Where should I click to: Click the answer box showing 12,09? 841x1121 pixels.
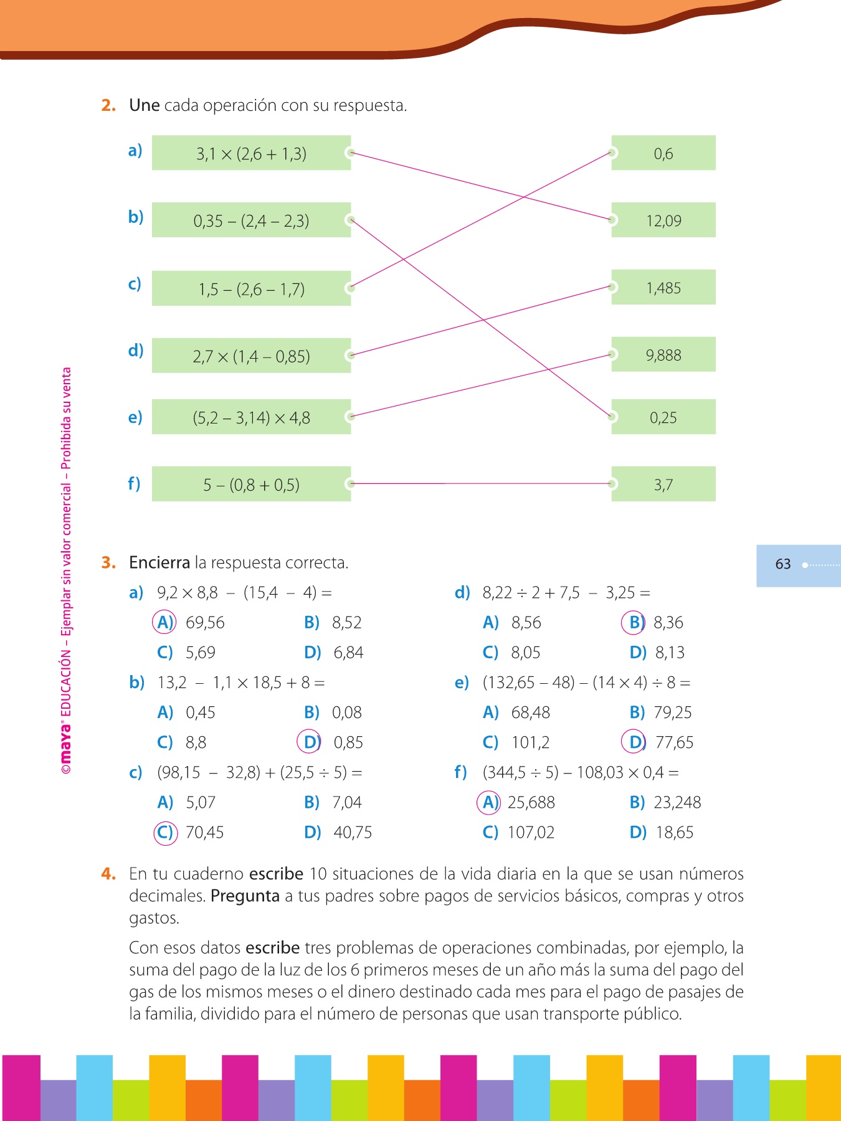(x=663, y=220)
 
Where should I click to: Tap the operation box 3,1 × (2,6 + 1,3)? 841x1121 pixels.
(x=251, y=153)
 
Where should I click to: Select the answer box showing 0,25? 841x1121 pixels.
(x=663, y=417)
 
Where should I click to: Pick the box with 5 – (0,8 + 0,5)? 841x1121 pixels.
(x=251, y=485)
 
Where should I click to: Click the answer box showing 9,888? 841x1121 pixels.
(x=663, y=355)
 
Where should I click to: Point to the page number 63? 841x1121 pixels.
(x=783, y=564)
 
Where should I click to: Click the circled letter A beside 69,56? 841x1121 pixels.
(x=164, y=622)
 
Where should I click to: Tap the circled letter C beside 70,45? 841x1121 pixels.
(x=165, y=833)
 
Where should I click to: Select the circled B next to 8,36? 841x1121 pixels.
(x=634, y=622)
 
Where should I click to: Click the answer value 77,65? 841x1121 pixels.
(x=674, y=742)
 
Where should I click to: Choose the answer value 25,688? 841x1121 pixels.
(x=531, y=802)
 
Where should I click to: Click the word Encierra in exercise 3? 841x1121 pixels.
(x=159, y=563)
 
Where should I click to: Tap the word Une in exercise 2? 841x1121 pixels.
(x=144, y=105)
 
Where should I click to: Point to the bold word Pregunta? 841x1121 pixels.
(x=245, y=896)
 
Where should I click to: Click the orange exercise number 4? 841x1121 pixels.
(x=108, y=874)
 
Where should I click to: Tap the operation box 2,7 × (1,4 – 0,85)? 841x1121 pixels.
(x=251, y=356)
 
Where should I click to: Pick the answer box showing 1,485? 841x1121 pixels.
(x=663, y=288)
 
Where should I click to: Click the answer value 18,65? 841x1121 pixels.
(x=674, y=833)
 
